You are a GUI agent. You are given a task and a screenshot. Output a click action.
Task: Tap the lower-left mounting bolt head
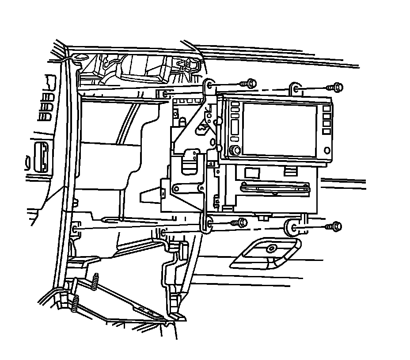(242, 222)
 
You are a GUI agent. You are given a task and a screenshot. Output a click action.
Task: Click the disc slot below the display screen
(274, 189)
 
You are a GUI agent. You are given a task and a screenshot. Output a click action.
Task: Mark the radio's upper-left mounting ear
(210, 86)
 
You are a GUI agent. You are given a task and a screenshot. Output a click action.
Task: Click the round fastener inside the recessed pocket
(270, 249)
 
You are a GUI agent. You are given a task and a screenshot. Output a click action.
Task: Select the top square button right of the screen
(326, 109)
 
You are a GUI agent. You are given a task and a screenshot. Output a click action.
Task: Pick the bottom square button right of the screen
(326, 131)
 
